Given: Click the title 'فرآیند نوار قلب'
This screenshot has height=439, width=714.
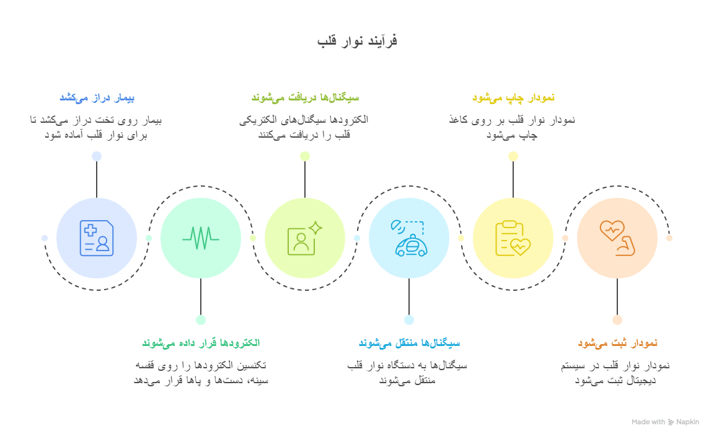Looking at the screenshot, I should click(357, 41).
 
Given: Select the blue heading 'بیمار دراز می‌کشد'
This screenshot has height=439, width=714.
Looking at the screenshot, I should click(97, 97).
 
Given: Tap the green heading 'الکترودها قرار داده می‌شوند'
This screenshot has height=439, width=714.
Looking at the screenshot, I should click(201, 343).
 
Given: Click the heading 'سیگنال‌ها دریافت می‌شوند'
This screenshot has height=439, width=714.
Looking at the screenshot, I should click(305, 97).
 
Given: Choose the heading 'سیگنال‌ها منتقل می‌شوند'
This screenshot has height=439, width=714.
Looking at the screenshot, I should click(409, 343).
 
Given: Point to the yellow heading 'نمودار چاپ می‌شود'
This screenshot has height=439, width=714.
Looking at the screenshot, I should click(513, 97).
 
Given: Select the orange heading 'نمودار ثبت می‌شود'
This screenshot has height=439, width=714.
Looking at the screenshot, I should click(617, 343).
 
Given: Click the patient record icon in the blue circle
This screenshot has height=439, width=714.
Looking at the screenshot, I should click(97, 238).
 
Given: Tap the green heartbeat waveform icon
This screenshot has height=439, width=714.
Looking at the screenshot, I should click(201, 238).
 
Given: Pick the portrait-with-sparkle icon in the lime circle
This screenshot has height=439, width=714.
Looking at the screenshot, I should click(305, 238).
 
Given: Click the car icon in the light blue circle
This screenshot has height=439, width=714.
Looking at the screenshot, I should click(409, 238).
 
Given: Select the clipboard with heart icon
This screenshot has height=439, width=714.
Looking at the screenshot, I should click(513, 238).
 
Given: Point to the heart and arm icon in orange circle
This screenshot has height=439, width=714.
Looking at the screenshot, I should click(617, 238).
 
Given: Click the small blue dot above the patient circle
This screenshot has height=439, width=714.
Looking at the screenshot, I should click(97, 156).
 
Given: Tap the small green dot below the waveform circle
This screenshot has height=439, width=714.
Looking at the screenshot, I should click(201, 320).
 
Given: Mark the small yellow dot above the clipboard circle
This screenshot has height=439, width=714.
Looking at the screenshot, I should click(513, 156).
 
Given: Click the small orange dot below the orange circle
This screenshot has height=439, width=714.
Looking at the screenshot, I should click(617, 320).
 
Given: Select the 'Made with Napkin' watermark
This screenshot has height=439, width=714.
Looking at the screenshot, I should click(665, 422).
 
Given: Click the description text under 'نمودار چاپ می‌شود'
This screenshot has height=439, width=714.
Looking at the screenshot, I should click(513, 127).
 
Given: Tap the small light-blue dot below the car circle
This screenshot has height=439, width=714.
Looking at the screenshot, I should click(409, 320).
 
